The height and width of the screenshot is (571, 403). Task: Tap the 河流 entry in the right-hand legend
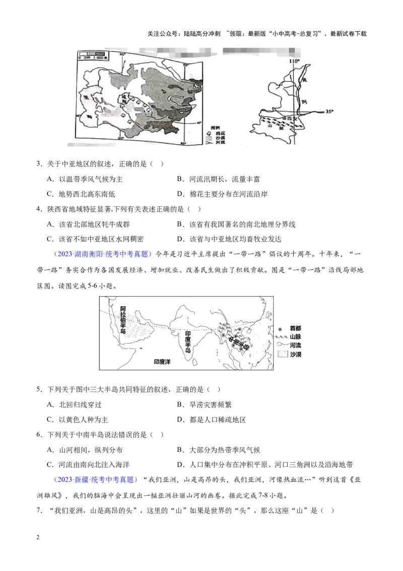[x=296, y=346]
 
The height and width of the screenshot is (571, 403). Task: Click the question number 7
[x=39, y=510]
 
